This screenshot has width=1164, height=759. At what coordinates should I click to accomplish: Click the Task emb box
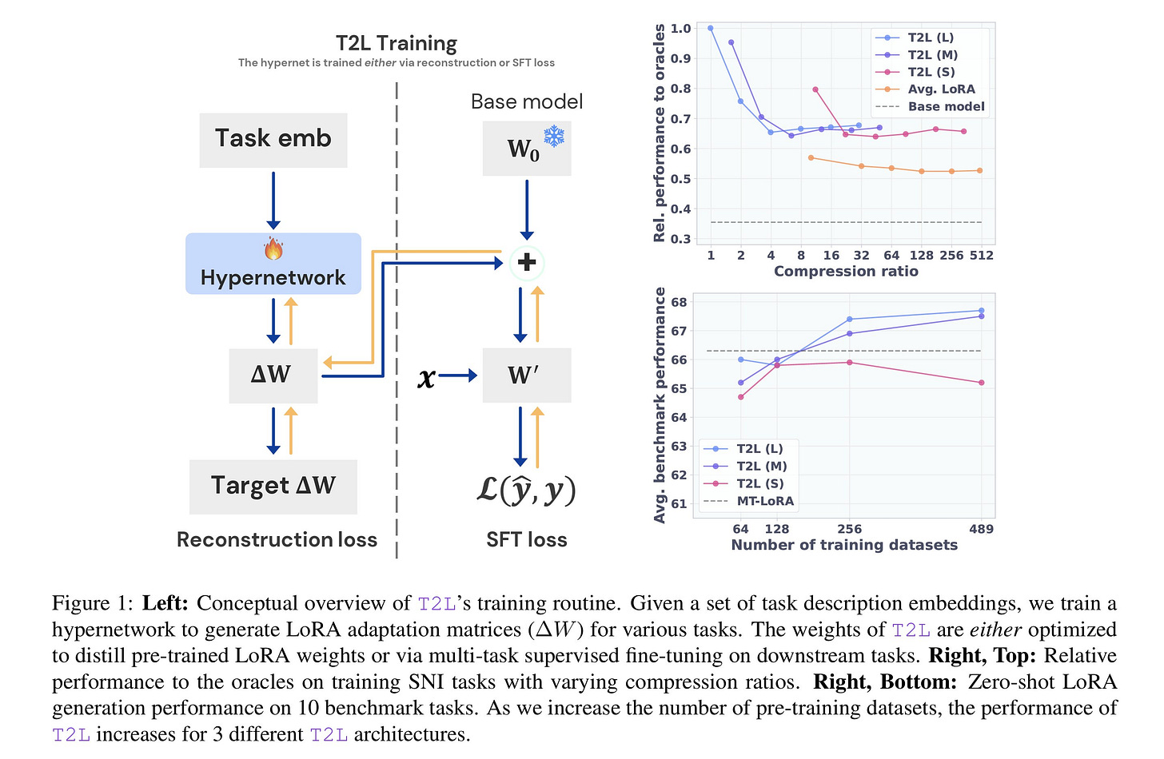[273, 140]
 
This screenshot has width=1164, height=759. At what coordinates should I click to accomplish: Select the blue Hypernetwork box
[273, 264]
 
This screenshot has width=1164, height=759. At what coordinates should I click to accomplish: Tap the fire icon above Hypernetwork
[273, 248]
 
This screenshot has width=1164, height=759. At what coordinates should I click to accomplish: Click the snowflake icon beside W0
[553, 136]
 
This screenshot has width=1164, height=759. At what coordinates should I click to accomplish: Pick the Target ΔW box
[273, 486]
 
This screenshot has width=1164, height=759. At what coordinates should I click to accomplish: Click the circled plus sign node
[527, 262]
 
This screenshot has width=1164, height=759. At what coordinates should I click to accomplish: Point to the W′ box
[526, 375]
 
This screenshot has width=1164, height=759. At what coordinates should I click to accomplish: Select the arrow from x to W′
[457, 376]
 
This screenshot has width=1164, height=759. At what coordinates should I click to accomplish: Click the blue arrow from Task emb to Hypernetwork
[273, 200]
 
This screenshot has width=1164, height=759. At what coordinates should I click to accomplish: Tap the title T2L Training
[396, 43]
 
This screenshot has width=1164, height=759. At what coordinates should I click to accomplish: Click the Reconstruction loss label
[277, 540]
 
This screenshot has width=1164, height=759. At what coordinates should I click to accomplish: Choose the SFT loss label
[527, 540]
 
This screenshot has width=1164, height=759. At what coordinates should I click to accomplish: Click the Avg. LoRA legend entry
[941, 89]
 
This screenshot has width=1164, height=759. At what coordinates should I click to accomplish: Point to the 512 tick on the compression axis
[981, 256]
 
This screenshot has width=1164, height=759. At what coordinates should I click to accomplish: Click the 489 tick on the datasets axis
[981, 529]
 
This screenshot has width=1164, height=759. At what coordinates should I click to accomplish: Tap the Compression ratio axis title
[846, 272]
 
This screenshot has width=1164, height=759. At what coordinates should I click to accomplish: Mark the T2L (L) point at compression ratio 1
[711, 28]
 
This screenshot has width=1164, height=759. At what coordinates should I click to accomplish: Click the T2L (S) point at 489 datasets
[981, 383]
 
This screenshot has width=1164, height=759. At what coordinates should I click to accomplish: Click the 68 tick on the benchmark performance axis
[679, 302]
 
